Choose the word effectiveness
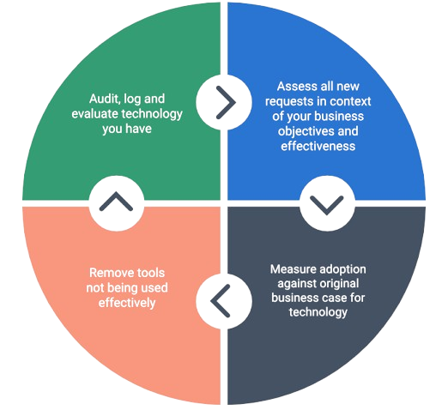point(318,146)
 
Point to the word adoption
point(342,270)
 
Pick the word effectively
point(127,303)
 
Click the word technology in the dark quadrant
point(318,312)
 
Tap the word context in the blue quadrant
point(351,101)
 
